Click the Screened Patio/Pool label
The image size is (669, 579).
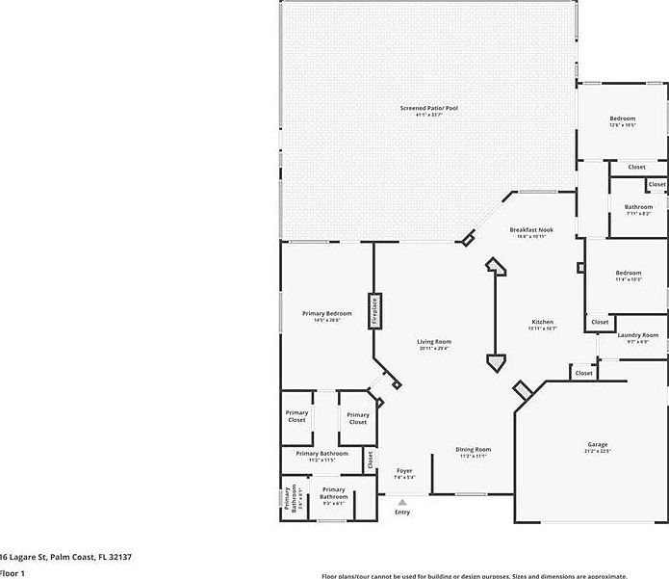click(x=428, y=108)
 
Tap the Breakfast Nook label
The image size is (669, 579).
click(x=532, y=229)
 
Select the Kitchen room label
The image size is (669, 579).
click(x=543, y=322)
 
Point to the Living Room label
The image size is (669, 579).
click(x=434, y=342)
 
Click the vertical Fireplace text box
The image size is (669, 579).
click(x=373, y=313)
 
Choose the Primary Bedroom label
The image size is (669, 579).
click(x=326, y=314)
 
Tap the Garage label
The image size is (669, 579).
click(x=598, y=445)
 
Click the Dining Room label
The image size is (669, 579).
click(x=473, y=450)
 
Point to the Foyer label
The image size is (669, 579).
click(x=404, y=471)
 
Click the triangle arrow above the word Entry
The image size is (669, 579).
click(x=402, y=501)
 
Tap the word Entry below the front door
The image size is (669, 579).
click(x=402, y=512)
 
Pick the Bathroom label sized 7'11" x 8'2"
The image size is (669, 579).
click(x=638, y=207)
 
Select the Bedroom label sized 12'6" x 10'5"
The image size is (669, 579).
click(x=622, y=118)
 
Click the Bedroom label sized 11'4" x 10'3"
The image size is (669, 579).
click(x=629, y=274)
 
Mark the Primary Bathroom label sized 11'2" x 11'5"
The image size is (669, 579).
click(x=322, y=454)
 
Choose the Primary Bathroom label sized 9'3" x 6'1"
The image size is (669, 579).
click(x=333, y=497)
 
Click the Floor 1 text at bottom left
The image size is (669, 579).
click(x=12, y=573)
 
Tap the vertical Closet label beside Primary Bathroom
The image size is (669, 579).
click(x=371, y=461)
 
